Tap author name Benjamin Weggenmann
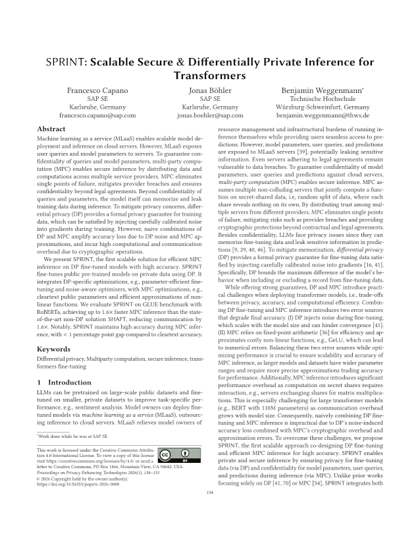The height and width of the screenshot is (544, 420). coord(319,89)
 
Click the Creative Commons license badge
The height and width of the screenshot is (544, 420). coord(172,454)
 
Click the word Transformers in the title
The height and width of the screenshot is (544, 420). coord(210,75)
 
